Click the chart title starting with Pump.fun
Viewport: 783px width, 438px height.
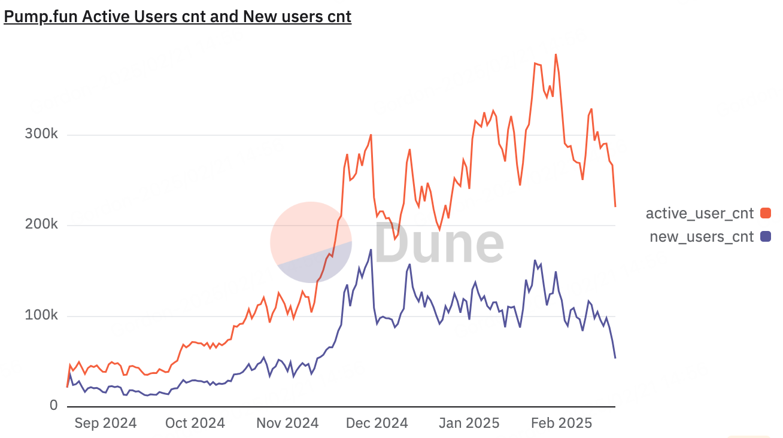(178, 16)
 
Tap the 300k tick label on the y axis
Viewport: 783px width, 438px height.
(41, 133)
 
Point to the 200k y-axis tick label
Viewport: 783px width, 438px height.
(41, 224)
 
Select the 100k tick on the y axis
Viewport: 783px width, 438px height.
(41, 315)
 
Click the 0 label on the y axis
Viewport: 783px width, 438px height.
(53, 405)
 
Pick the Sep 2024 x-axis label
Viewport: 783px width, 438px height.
(105, 423)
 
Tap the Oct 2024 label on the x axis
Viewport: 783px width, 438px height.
(195, 423)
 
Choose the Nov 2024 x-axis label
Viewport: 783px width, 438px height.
(287, 423)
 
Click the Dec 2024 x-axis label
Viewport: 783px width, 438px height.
(377, 423)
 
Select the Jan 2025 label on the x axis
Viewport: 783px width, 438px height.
(469, 423)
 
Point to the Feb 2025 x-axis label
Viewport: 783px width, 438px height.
(562, 423)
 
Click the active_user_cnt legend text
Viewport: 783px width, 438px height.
(699, 213)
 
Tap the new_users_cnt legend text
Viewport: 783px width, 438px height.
(702, 236)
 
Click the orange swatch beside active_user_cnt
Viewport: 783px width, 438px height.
(766, 213)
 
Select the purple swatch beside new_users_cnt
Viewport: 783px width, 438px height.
(766, 236)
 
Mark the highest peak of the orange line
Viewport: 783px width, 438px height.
(556, 54)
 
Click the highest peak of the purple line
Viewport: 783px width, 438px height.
(371, 250)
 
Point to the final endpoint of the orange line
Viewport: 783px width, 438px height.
(615, 206)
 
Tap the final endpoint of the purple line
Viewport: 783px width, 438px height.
(615, 358)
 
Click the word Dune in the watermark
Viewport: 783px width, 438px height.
(439, 243)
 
